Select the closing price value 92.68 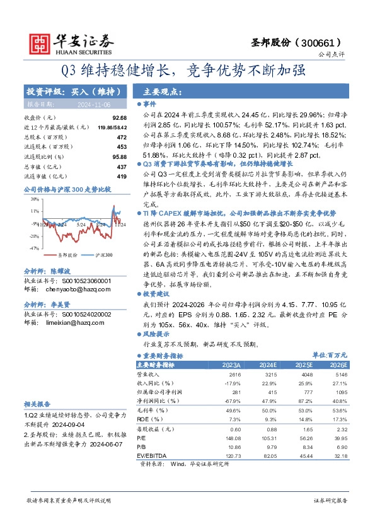point(119,118)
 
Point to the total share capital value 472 point(122,137)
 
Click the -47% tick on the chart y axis point(33,248)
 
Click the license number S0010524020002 point(86,313)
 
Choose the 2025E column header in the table point(303,365)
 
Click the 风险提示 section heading point(157,334)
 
